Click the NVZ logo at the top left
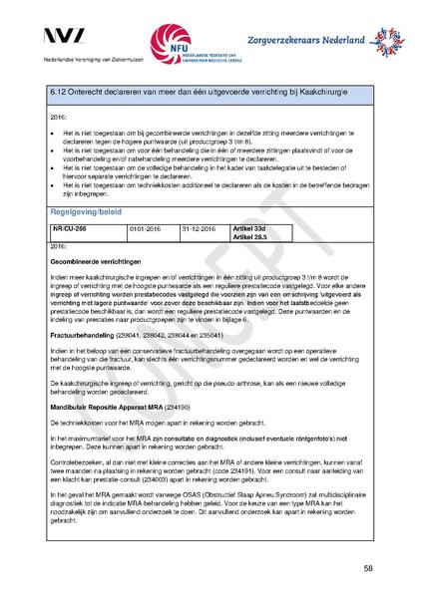click(71, 37)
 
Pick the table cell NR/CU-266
click(67, 228)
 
